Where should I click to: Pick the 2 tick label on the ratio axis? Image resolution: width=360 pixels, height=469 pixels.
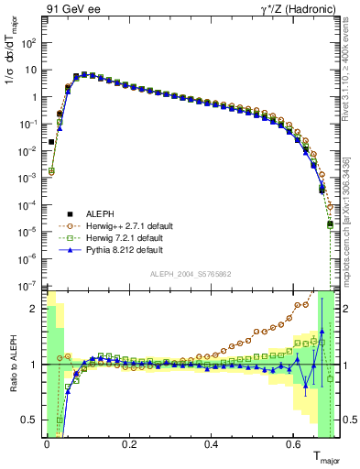(35, 309)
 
